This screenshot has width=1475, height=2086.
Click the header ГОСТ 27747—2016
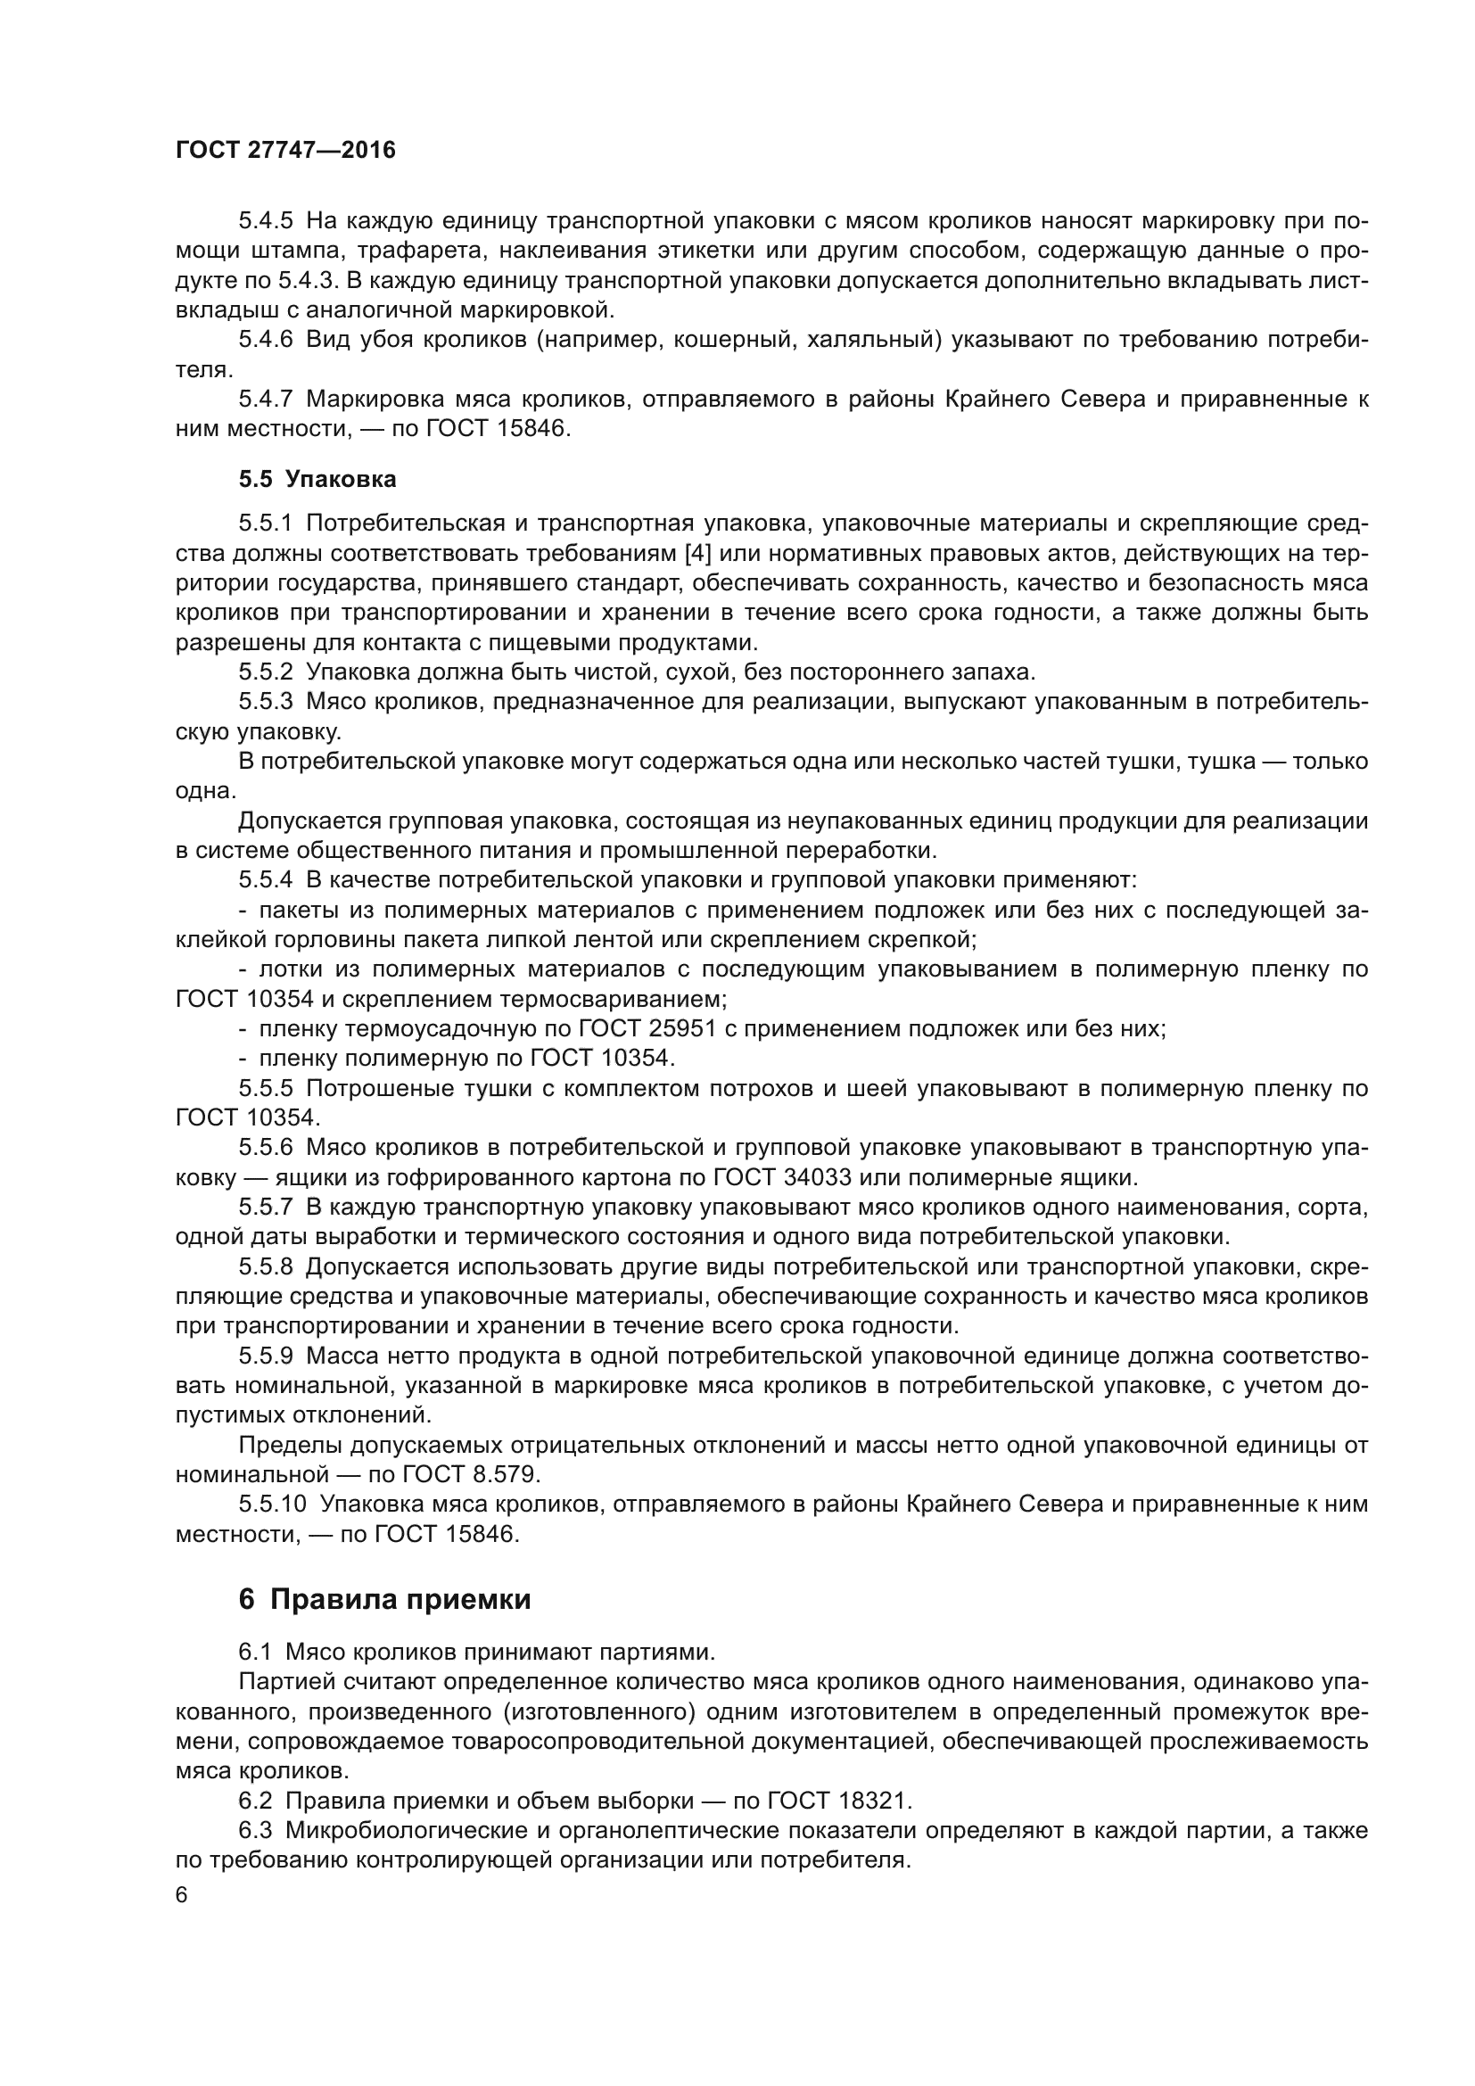[x=285, y=151]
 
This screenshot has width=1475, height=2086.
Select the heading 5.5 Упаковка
[x=317, y=479]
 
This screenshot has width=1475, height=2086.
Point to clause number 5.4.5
[x=266, y=221]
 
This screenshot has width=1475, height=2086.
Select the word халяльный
[x=872, y=340]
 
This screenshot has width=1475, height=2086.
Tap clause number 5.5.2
[x=266, y=672]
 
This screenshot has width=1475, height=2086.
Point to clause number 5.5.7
[x=266, y=1208]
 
